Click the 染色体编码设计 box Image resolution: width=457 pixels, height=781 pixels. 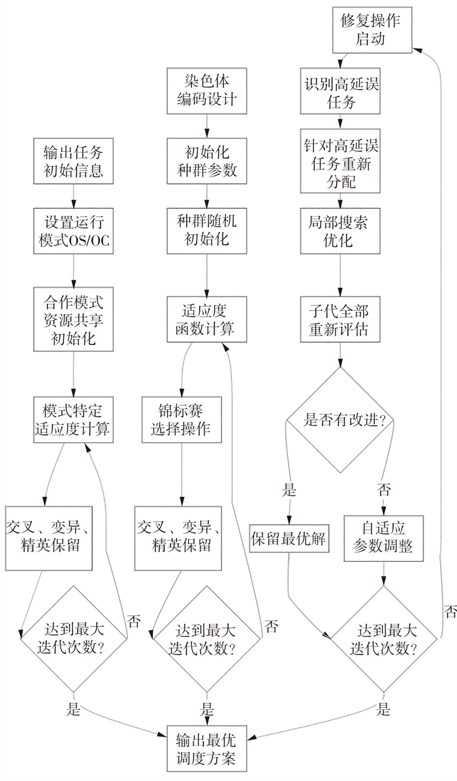point(206,91)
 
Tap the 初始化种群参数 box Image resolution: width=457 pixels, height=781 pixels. point(206,161)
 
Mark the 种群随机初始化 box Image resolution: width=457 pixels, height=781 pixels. point(206,229)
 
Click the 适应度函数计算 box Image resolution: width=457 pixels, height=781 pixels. point(206,319)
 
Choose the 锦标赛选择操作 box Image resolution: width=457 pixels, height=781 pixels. point(181,420)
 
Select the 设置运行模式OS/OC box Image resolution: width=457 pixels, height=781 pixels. point(72,231)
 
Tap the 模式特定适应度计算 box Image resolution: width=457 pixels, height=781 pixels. point(72,420)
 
